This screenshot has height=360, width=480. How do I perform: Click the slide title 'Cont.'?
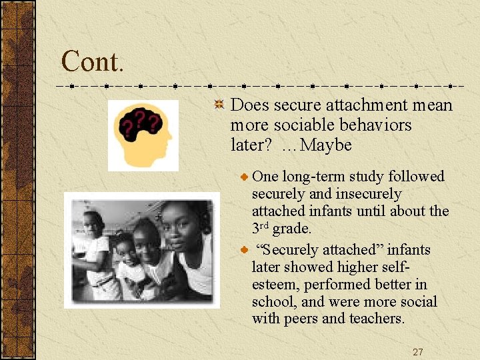[92, 61]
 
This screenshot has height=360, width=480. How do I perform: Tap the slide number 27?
[417, 352]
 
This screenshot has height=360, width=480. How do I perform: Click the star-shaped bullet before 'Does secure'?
[218, 105]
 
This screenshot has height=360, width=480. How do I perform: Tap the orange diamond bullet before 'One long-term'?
[245, 177]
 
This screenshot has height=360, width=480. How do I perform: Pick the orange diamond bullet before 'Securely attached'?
[245, 250]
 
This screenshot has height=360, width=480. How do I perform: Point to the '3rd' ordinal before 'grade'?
[261, 228]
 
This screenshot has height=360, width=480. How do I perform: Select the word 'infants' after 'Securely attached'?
[408, 250]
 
